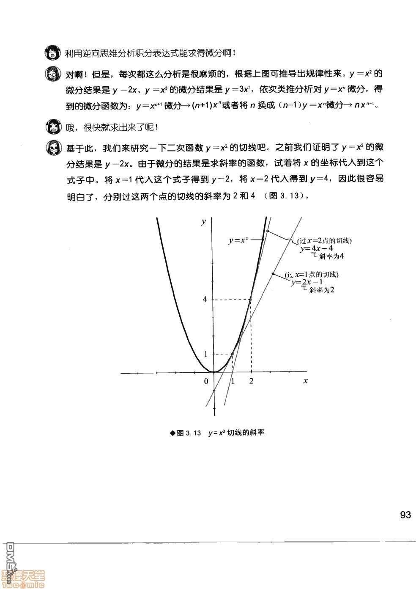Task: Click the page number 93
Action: point(405,515)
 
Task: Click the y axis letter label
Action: point(204,221)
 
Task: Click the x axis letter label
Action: point(305,380)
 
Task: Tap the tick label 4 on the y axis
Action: point(205,300)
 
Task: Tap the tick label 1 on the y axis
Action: point(206,354)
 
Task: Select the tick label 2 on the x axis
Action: point(252,381)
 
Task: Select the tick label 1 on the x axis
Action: point(232,381)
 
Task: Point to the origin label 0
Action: point(206,381)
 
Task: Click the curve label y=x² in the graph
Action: point(238,240)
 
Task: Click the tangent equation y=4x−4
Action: point(316,248)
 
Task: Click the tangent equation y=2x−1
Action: point(307,282)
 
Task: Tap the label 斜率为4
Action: point(332,256)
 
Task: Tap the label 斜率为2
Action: point(322,290)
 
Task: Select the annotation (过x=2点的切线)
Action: point(324,241)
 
